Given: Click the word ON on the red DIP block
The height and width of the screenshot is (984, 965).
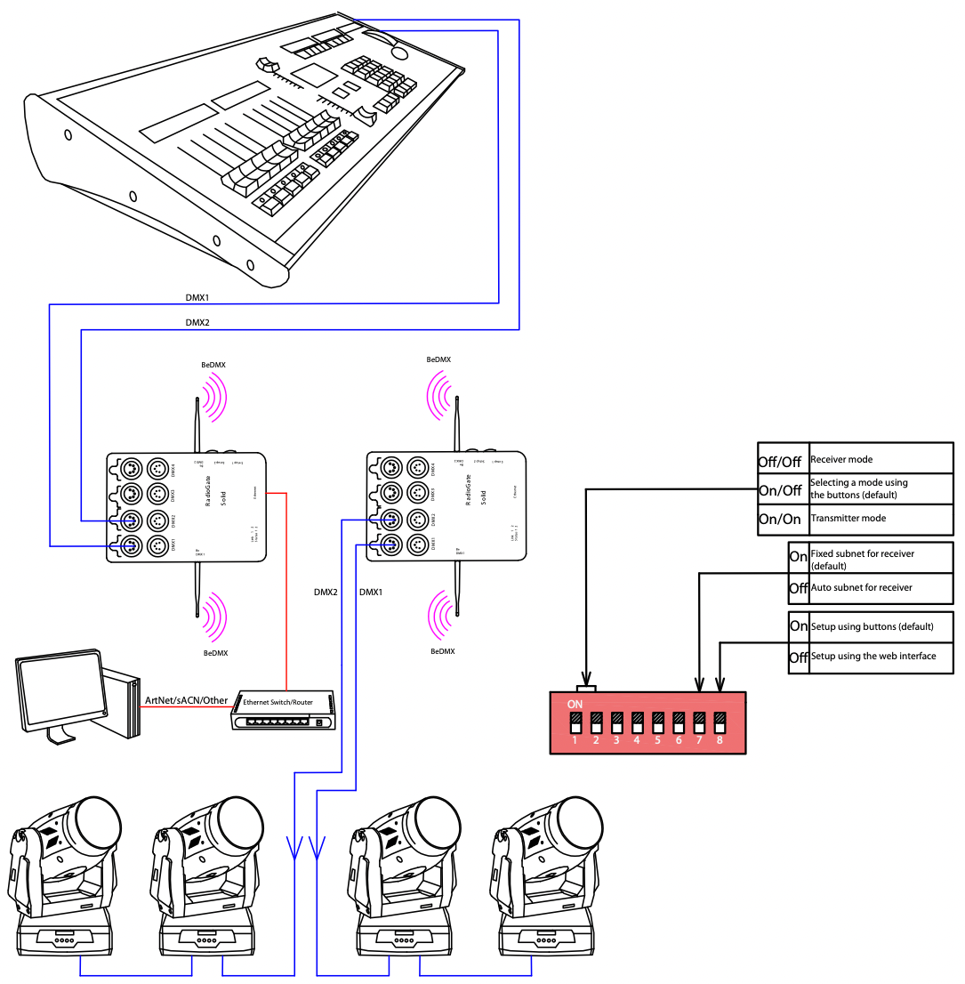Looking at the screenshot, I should click(575, 703).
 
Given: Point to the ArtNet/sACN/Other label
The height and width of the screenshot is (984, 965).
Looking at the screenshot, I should click(186, 700).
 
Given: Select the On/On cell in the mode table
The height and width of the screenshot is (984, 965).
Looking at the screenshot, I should click(779, 520).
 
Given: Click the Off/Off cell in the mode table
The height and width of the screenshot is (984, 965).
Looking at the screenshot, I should click(779, 462).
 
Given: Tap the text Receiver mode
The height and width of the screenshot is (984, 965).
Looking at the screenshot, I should click(841, 460).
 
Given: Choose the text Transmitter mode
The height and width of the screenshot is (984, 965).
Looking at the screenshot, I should click(848, 518).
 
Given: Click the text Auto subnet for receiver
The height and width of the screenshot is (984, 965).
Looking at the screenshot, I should click(861, 588).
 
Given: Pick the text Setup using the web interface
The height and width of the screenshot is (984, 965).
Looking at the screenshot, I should click(873, 657).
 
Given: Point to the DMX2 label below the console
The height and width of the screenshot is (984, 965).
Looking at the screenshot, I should click(197, 321).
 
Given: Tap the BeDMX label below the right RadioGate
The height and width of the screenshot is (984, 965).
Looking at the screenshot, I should click(442, 651).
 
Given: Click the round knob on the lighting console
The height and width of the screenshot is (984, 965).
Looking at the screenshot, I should click(400, 53).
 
